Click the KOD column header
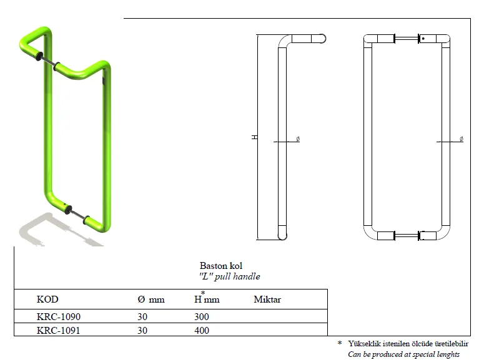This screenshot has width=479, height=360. pyautogui.click(x=47, y=299)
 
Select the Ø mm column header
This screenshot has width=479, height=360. pyautogui.click(x=151, y=299)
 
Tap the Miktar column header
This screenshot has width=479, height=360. pyautogui.click(x=267, y=299)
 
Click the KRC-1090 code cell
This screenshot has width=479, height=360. pyautogui.click(x=58, y=317)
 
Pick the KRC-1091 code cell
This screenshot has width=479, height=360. pyautogui.click(x=58, y=331)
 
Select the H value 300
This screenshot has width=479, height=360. pyautogui.click(x=201, y=317)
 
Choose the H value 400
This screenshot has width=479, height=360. pyautogui.click(x=202, y=331)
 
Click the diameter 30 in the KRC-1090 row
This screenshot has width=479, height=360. pyautogui.click(x=142, y=317)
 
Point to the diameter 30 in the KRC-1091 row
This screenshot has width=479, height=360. pyautogui.click(x=142, y=331)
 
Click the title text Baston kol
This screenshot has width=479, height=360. pyautogui.click(x=221, y=265)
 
